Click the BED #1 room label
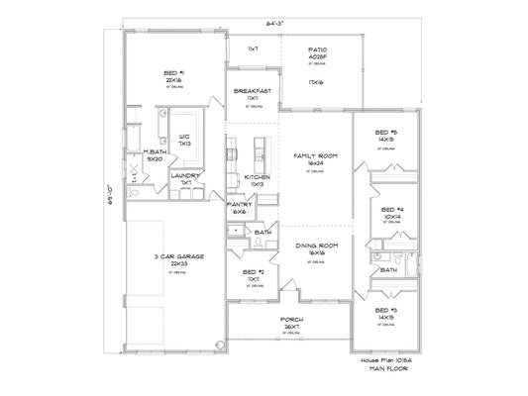(175, 73)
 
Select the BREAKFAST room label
(252, 91)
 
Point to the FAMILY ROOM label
(314, 156)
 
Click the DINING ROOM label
(314, 245)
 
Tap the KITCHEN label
(257, 176)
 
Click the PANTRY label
(240, 205)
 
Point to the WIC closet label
(184, 137)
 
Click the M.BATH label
(156, 151)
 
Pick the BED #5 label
(386, 133)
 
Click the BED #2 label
(253, 270)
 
